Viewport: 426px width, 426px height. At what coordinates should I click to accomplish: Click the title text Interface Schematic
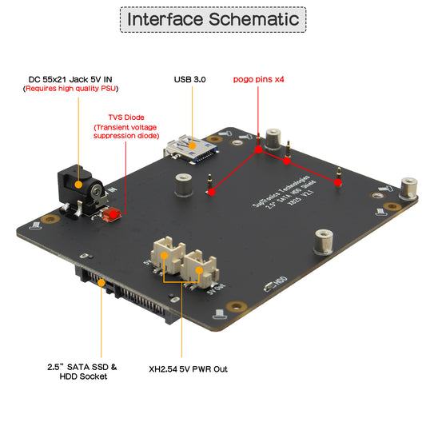point(213,19)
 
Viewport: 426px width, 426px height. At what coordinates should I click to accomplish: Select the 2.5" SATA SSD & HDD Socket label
point(82,372)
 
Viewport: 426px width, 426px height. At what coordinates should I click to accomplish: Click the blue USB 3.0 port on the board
point(190,149)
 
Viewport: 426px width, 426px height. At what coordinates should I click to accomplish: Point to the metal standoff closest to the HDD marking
point(323,241)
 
